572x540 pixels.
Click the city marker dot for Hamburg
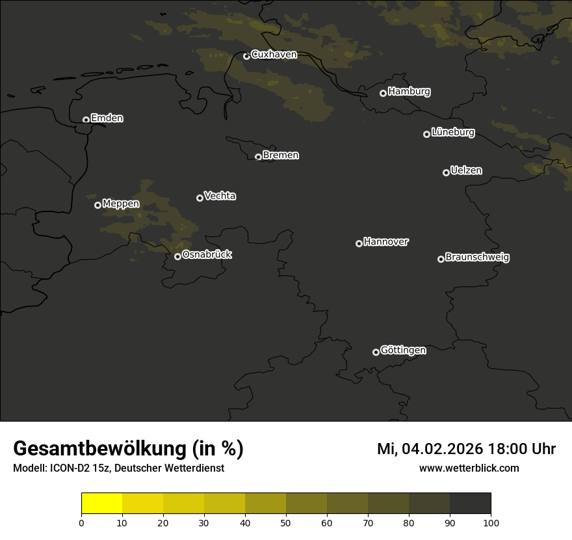coord(383,93)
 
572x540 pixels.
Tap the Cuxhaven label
coord(274,55)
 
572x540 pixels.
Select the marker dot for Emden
coord(86,120)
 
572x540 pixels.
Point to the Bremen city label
coord(281,155)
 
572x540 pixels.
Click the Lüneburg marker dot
coord(426,134)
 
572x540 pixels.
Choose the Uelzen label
coord(466,170)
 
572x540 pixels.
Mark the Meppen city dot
coord(97,205)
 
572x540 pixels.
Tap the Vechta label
coord(220,196)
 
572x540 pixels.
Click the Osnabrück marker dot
coord(177,256)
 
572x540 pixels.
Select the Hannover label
coord(386,242)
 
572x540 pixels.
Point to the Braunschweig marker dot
coord(441,259)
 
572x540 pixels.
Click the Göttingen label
coord(403,351)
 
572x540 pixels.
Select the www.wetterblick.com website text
coord(469,468)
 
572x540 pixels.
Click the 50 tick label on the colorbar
coord(286,522)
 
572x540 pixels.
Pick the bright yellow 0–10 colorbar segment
coord(101,504)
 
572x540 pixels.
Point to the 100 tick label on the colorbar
coord(491,522)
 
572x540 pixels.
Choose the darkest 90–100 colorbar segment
coord(470,504)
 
